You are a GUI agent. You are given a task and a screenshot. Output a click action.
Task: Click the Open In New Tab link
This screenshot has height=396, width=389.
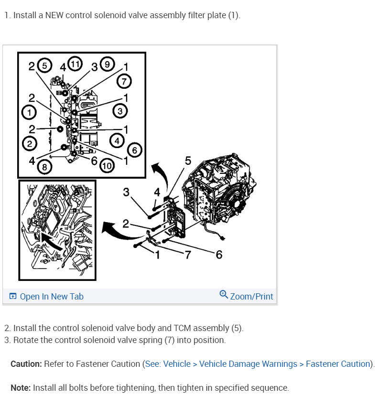tap(51, 297)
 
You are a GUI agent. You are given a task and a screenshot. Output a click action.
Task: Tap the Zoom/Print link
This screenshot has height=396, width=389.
tap(251, 297)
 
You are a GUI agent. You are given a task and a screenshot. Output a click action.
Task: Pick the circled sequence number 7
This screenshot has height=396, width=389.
tap(124, 81)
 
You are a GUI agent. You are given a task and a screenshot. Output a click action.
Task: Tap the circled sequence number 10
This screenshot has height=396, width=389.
tap(106, 166)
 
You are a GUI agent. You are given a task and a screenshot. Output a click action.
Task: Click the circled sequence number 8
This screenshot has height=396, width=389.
tap(44, 167)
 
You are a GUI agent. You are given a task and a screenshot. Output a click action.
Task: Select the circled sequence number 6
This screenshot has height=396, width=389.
tap(135, 150)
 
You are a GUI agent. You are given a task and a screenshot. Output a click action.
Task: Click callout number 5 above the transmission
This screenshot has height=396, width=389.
tap(188, 161)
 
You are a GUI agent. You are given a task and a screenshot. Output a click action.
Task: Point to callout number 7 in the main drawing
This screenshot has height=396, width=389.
tap(187, 255)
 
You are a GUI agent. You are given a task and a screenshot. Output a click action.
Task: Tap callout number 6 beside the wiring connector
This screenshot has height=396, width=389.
tap(219, 255)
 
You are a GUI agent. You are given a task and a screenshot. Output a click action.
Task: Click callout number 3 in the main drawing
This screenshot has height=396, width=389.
tap(126, 192)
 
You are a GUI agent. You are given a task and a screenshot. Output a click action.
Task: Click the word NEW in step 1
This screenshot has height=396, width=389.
tap(54, 15)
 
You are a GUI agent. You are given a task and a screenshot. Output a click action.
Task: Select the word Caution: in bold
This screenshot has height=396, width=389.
tap(26, 364)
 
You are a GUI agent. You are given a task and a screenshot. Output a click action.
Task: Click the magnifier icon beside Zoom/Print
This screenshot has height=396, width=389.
tap(224, 294)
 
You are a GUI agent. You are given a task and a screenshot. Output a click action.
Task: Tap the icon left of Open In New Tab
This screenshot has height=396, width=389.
tap(12, 297)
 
